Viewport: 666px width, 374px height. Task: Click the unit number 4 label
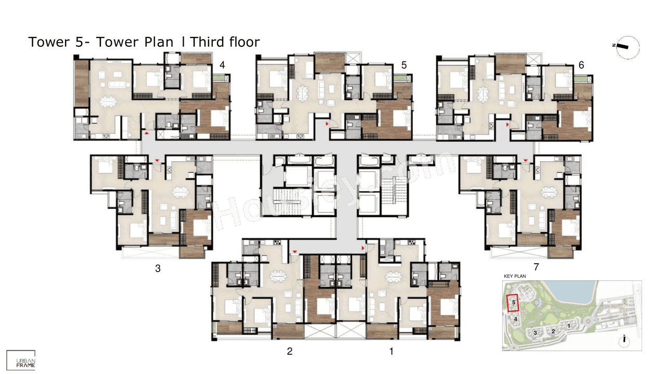[222, 65]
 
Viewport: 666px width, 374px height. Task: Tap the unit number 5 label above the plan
[404, 65]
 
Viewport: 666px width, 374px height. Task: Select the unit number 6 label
[581, 65]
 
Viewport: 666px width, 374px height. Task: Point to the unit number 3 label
[158, 268]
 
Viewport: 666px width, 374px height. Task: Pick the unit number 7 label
[536, 267]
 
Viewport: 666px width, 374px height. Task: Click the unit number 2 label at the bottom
[289, 351]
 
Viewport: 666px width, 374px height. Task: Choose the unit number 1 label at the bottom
[392, 351]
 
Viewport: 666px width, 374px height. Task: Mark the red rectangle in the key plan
[513, 303]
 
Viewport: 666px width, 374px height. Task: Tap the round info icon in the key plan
[623, 341]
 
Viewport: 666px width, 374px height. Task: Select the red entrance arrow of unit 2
[295, 252]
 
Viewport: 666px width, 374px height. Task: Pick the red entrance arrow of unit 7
[526, 160]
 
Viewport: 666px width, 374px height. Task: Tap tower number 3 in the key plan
[535, 333]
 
